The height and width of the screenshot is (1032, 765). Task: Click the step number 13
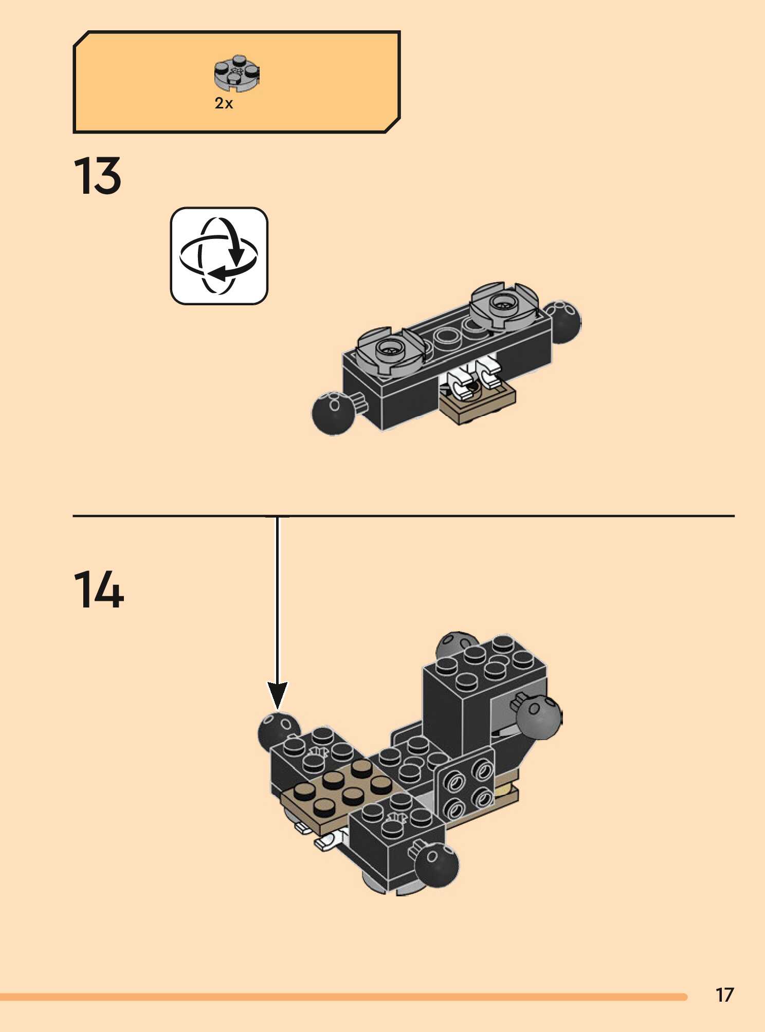98,176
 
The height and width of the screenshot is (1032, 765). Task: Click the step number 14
99,590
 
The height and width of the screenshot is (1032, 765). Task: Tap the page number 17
724,995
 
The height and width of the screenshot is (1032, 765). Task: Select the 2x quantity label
224,104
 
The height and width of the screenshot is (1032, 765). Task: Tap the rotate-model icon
219,256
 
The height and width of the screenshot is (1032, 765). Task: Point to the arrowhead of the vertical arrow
278,697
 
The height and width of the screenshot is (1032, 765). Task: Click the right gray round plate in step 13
504,305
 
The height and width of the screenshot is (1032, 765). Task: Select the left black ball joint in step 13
333,413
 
